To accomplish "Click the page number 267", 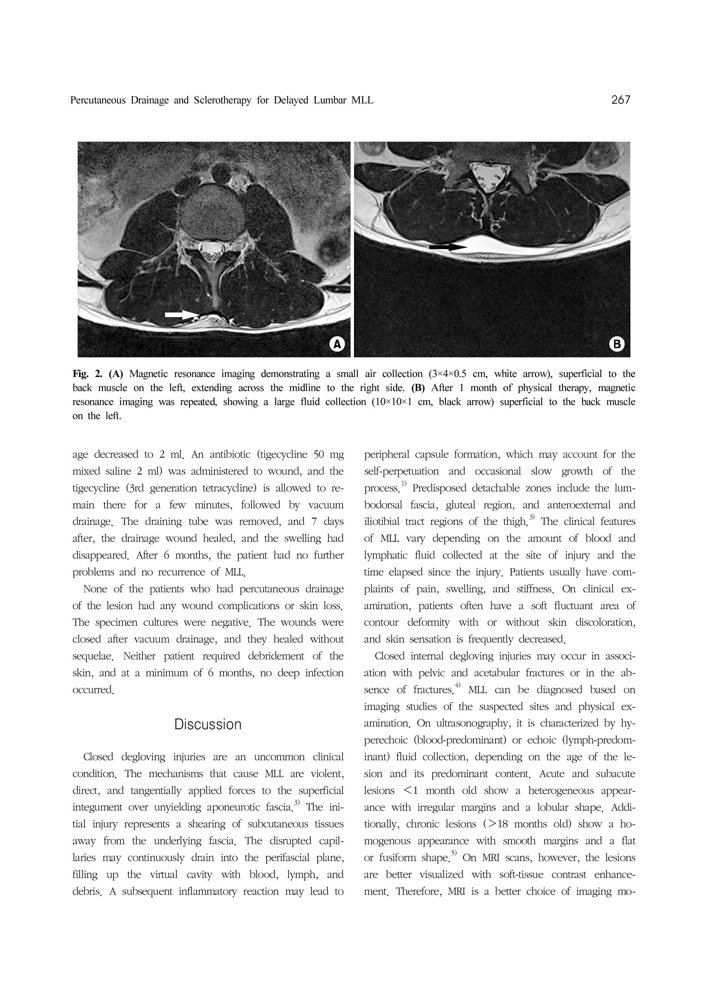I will pos(620,100).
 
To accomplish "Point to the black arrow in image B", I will pos(447,247).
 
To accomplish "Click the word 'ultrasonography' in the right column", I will pos(472,724).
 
